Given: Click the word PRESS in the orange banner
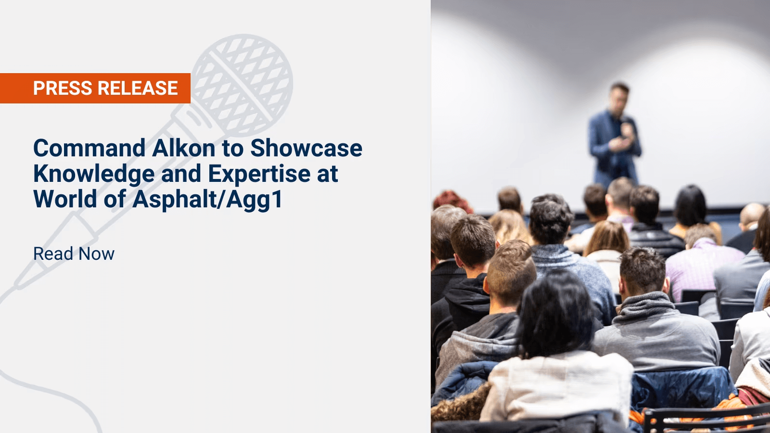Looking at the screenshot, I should pyautogui.click(x=63, y=89).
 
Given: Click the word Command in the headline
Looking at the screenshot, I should pyautogui.click(x=89, y=148).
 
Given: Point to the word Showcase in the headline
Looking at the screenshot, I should pyautogui.click(x=306, y=148).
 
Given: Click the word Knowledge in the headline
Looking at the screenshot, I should pyautogui.click(x=94, y=174).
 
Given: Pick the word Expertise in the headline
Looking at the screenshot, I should pyautogui.click(x=259, y=174).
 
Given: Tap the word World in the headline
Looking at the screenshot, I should pyautogui.click(x=65, y=199).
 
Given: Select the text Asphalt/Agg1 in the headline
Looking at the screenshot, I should pyautogui.click(x=207, y=199).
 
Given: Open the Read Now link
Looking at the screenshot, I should pyautogui.click(x=74, y=254).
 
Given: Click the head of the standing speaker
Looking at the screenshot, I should pyautogui.click(x=619, y=96).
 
